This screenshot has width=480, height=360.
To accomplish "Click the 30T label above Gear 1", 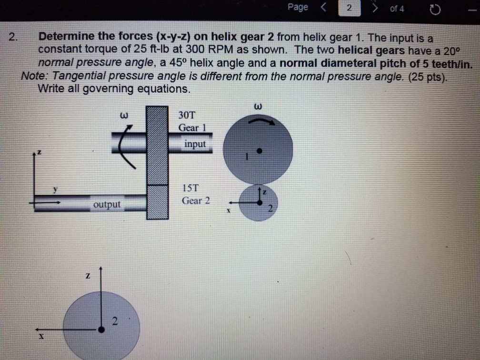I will (x=186, y=115).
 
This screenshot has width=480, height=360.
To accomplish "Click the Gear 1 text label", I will (x=191, y=128).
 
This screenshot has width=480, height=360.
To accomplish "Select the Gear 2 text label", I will (x=195, y=200).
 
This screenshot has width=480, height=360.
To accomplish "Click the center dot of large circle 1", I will (x=259, y=151).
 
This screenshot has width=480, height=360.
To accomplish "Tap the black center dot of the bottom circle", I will (x=101, y=329).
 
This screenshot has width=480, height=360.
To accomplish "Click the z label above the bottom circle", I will (x=89, y=276).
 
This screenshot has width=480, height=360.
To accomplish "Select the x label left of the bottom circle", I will (x=41, y=336).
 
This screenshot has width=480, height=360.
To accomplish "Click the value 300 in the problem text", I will (x=196, y=49).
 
